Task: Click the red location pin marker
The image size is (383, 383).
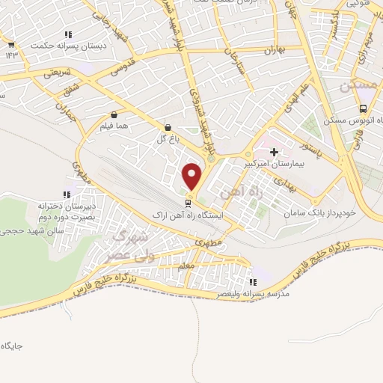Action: click(193, 177)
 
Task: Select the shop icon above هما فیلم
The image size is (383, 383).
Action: click(114, 115)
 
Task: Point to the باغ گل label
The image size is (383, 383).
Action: click(165, 139)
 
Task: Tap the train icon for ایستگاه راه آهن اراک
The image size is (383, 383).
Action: click(189, 202)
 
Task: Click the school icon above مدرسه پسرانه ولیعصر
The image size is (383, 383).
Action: click(253, 283)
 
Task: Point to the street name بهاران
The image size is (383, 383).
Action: click(275, 51)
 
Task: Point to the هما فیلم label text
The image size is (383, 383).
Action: click(117, 127)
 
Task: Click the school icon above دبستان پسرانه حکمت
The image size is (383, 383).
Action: click(68, 34)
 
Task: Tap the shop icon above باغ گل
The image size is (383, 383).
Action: click(166, 128)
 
